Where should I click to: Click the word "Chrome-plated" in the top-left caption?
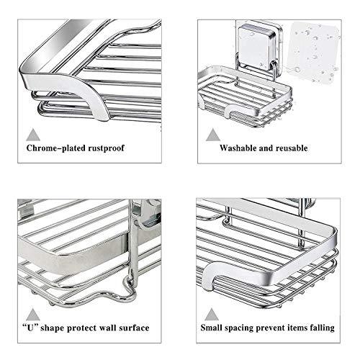55,148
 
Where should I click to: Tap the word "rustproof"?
107,148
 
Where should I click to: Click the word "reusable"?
292,148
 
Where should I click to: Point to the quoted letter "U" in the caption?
30,328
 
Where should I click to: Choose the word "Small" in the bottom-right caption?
210,328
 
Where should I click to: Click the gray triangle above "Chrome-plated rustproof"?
33,135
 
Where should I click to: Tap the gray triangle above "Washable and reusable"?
213,135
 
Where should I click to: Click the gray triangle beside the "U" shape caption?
33,315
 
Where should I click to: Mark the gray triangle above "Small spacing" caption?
212,315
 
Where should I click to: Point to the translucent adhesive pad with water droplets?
314,52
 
